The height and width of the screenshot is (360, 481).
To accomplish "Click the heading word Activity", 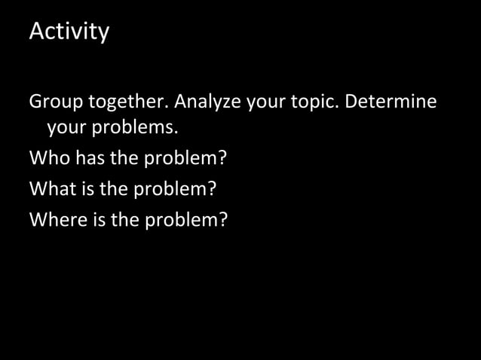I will tap(69, 32).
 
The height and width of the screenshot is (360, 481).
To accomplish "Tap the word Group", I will tap(56, 101).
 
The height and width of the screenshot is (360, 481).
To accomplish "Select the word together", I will tap(128, 101).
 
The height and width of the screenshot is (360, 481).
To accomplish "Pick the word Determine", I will tap(391, 101).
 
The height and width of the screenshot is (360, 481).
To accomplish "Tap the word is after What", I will tap(87, 189).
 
